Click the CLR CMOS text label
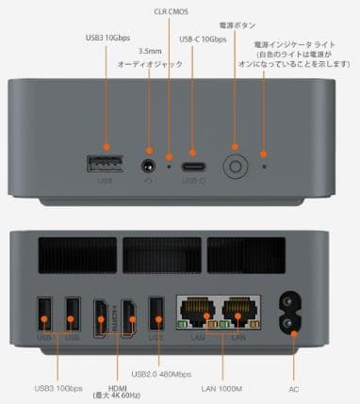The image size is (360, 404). tap(171, 10)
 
